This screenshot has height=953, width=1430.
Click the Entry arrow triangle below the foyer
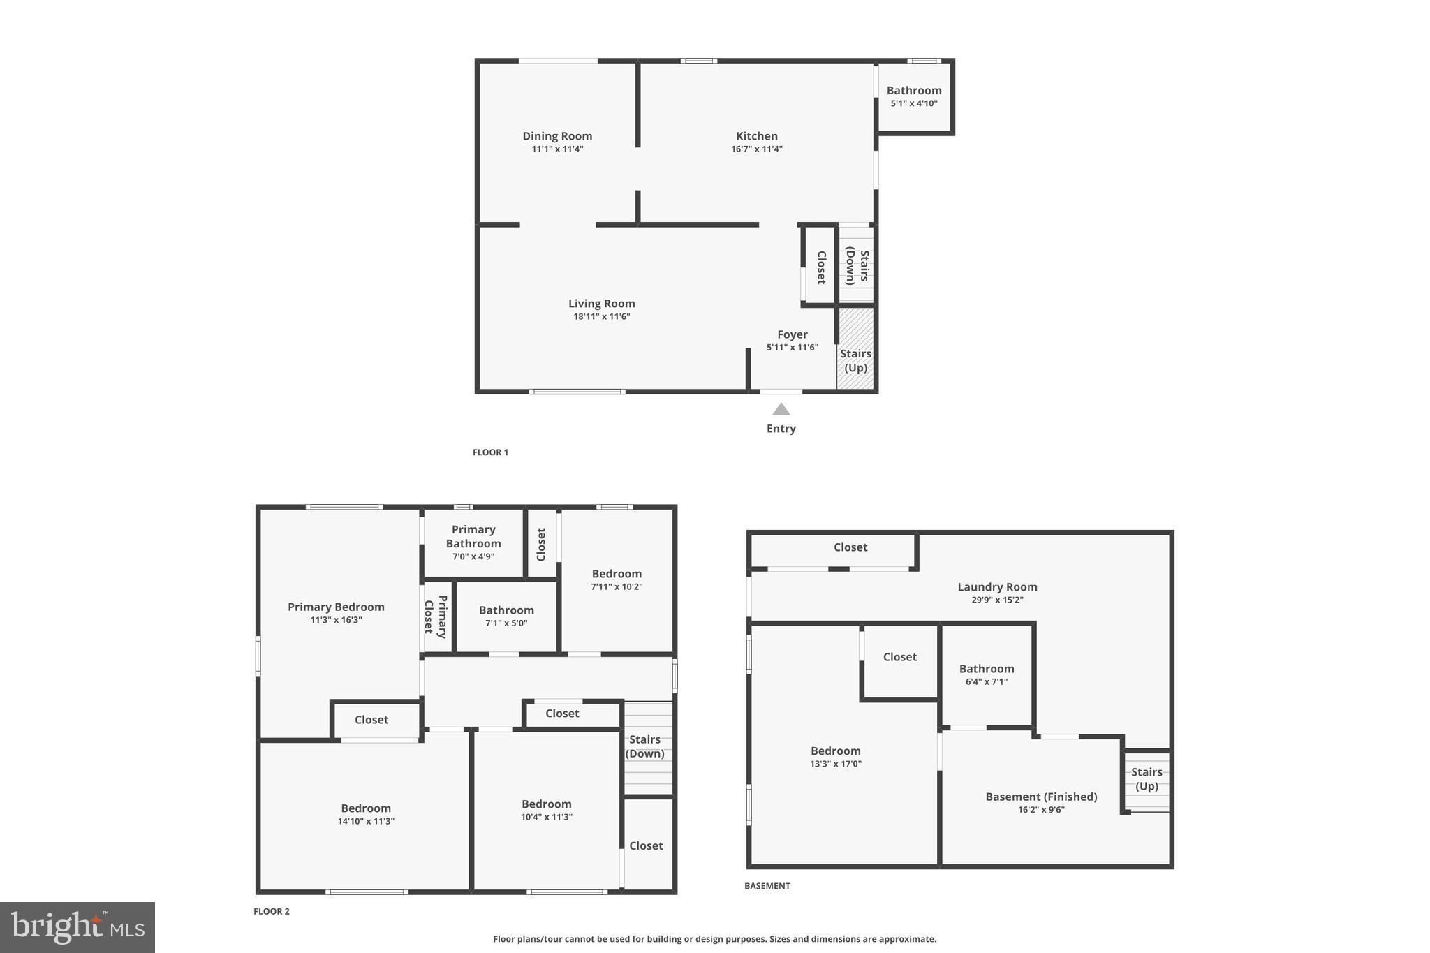click(781, 409)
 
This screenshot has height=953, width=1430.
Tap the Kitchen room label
click(756, 136)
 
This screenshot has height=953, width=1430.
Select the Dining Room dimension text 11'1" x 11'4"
click(557, 149)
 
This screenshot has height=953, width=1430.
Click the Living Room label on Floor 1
click(601, 304)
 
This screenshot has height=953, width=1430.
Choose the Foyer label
click(792, 334)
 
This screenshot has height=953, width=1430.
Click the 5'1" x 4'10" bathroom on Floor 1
click(914, 96)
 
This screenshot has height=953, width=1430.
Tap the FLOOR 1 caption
click(490, 452)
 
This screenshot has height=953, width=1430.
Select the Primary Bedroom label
click(336, 607)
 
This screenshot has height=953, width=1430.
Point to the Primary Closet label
click(434, 616)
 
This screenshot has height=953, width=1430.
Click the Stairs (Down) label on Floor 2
click(644, 746)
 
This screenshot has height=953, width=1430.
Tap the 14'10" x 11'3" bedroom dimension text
click(366, 821)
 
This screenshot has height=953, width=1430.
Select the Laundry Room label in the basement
click(997, 587)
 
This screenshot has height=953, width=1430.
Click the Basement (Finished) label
click(1041, 797)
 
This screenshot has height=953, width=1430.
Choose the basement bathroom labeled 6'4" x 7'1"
click(987, 674)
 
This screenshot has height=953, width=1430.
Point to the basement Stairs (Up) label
click(1147, 778)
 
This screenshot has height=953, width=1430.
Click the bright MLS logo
click(78, 927)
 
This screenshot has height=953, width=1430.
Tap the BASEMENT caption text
click(767, 886)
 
